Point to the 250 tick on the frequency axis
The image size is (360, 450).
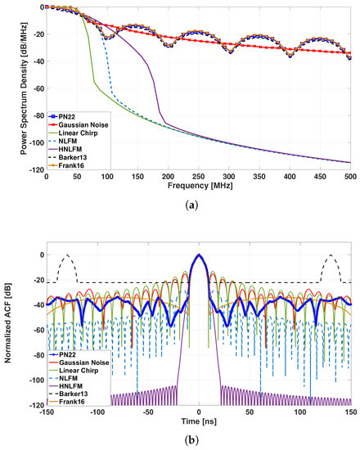point(199,176)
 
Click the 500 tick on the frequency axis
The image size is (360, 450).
point(351,176)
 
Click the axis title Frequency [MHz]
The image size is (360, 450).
point(199,187)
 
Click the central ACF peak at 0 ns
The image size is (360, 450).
point(199,256)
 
